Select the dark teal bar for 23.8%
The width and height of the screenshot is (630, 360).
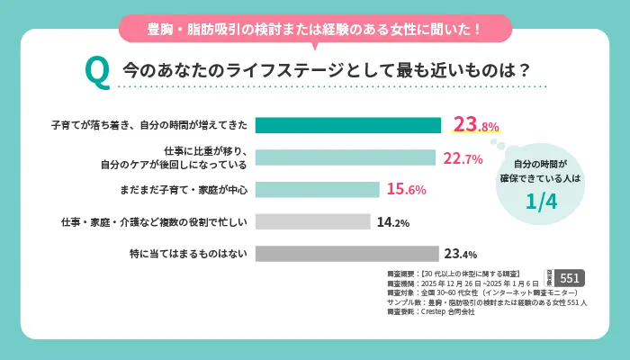348,125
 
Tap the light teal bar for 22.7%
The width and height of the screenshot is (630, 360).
345,157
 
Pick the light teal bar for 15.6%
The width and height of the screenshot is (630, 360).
317,189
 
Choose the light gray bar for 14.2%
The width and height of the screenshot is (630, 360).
313,221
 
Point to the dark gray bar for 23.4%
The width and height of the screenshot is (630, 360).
346,254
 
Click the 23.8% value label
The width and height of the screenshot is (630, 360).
475,125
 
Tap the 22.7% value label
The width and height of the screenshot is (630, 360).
463,158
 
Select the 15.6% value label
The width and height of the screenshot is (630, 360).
406,190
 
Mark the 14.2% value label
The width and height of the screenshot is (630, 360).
393,222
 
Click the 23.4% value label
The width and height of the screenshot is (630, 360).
459,254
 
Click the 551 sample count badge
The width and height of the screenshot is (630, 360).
571,278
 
